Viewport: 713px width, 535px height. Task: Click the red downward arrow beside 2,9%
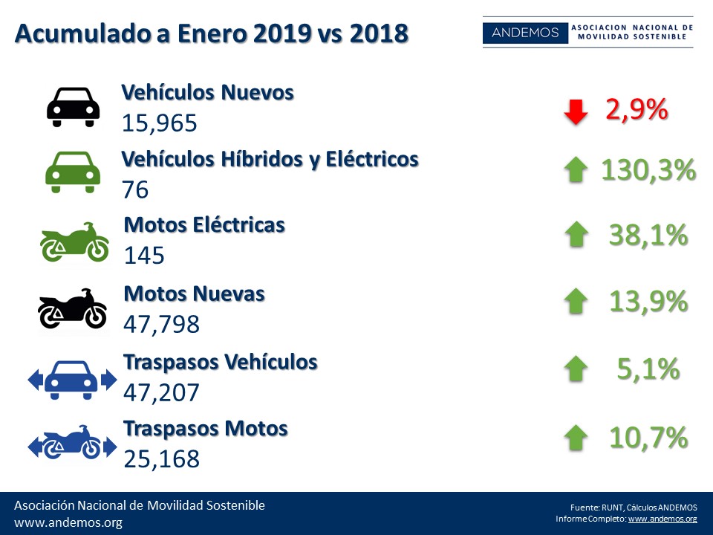[575, 112]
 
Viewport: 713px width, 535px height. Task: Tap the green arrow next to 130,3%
[575, 171]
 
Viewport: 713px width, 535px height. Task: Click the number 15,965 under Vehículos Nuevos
[160, 123]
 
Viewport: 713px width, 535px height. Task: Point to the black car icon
[73, 107]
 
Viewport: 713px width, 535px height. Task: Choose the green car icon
[73, 172]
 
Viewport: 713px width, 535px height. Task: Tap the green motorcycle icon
[74, 242]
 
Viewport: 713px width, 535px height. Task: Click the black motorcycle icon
[73, 308]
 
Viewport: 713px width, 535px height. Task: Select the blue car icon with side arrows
[72, 380]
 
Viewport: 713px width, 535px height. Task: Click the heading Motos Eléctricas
[204, 224]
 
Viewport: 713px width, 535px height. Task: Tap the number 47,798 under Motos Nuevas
[162, 324]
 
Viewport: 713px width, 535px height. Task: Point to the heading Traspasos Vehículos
[221, 362]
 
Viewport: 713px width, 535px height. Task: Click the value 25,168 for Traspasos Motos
[162, 458]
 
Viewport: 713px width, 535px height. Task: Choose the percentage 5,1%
[648, 369]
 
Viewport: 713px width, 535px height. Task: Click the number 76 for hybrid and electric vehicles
[136, 189]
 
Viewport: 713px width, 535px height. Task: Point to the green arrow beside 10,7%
[575, 438]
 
